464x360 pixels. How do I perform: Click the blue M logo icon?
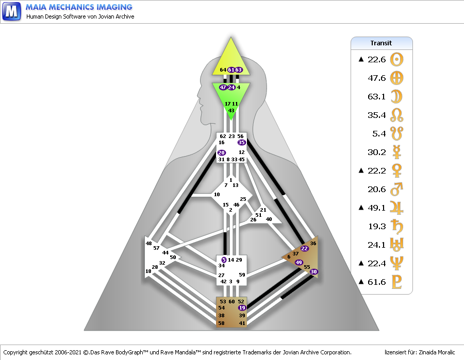[11, 10]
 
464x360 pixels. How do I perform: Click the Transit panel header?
[382, 43]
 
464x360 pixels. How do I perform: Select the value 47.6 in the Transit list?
[377, 78]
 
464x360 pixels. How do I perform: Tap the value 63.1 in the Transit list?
[377, 97]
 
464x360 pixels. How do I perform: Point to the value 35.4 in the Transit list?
[377, 115]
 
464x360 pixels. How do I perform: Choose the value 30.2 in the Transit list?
[377, 152]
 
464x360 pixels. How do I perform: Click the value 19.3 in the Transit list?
[377, 227]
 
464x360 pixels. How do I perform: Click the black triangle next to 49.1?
[361, 208]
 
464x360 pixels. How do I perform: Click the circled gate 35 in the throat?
[242, 143]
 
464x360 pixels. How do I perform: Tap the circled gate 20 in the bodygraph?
[222, 153]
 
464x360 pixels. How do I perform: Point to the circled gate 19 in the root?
[242, 307]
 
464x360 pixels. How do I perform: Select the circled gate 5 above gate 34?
[224, 260]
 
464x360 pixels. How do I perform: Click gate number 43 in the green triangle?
[231, 111]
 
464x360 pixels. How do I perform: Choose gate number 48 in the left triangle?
[148, 244]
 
